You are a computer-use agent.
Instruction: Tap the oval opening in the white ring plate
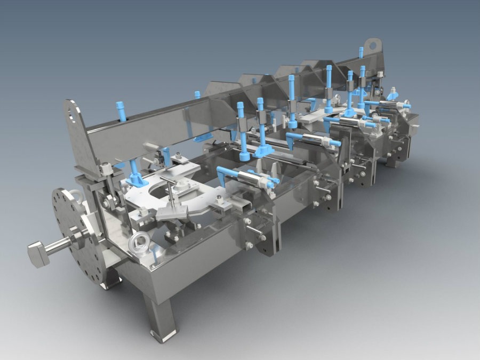160,187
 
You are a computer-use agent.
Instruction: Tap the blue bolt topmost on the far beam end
361,52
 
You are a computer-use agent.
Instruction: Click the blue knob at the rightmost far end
406,106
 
